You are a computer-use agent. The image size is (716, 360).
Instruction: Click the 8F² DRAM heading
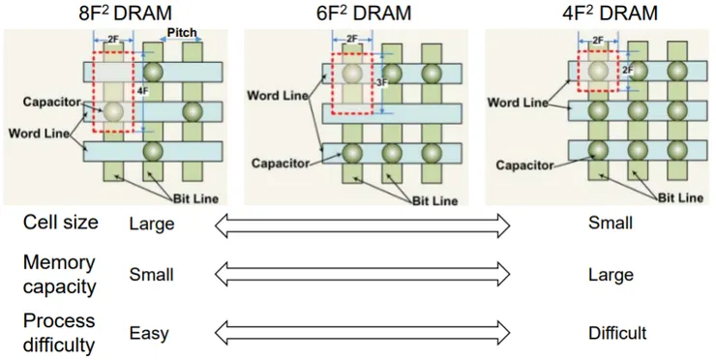point(117,14)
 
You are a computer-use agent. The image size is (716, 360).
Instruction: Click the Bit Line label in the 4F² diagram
point(680,197)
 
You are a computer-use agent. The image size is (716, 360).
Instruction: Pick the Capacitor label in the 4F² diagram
point(530,165)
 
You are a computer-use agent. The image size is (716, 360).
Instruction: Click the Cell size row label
point(60,224)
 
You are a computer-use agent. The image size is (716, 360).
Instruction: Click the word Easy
point(148,334)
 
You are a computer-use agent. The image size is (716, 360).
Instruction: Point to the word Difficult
point(616,334)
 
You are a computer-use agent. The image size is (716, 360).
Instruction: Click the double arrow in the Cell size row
point(360,225)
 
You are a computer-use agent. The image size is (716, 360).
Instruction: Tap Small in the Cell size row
point(610,224)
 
